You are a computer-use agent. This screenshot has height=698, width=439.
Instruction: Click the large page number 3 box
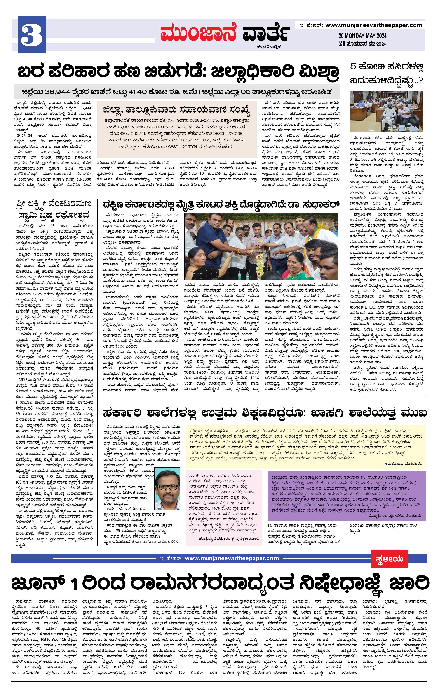(32, 35)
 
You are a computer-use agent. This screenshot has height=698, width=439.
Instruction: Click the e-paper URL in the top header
(374, 25)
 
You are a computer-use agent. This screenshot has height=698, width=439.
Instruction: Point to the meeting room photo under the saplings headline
(386, 111)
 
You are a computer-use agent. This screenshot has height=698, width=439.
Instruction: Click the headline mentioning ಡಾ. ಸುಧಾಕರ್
(221, 205)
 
